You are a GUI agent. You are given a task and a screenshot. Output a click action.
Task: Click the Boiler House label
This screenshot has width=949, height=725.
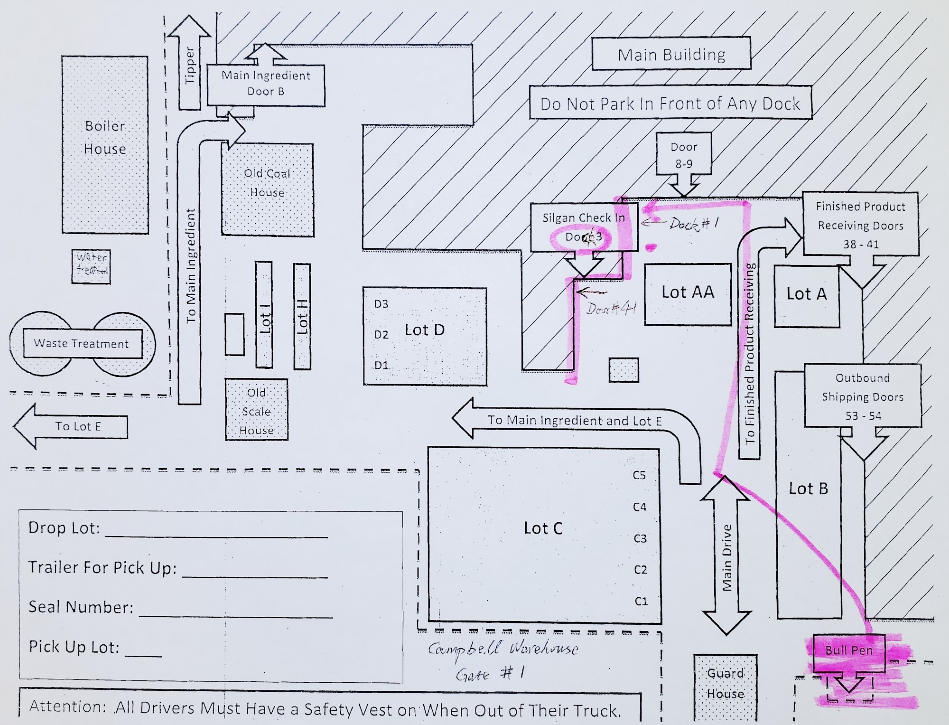point(105,138)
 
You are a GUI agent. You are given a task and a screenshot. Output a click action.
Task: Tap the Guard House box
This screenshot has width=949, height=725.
point(725,684)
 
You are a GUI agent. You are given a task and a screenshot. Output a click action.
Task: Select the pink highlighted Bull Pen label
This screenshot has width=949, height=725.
point(849,650)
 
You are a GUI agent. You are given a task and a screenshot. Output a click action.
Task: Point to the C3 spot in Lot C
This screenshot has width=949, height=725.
point(640,538)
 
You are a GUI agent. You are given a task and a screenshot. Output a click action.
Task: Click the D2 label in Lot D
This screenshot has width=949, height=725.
point(381,335)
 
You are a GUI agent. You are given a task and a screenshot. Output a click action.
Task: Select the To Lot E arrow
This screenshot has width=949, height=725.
point(71,426)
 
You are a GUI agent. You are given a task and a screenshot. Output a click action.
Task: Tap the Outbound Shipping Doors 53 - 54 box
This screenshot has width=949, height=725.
point(862,396)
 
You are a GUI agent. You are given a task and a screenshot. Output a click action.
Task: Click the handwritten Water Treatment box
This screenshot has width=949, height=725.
point(91,266)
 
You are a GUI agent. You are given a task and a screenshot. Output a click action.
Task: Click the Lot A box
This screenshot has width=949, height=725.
point(806,295)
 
